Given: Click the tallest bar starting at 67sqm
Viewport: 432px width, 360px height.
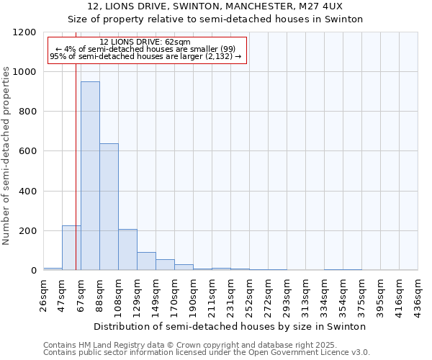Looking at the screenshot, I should click(90, 176).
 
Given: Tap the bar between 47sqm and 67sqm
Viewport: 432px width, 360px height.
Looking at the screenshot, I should click(71, 248).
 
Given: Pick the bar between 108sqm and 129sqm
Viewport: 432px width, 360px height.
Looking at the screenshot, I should click(127, 249).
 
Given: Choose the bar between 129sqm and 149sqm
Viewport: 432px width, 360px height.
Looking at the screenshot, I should click(146, 261).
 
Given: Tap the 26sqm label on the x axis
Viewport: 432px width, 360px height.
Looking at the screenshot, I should click(44, 292).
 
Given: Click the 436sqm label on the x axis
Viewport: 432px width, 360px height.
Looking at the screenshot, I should click(418, 292).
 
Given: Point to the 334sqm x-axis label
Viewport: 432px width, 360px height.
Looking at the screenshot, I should click(325, 292).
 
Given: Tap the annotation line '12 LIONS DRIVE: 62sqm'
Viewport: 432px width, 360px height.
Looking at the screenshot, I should click(145, 42).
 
